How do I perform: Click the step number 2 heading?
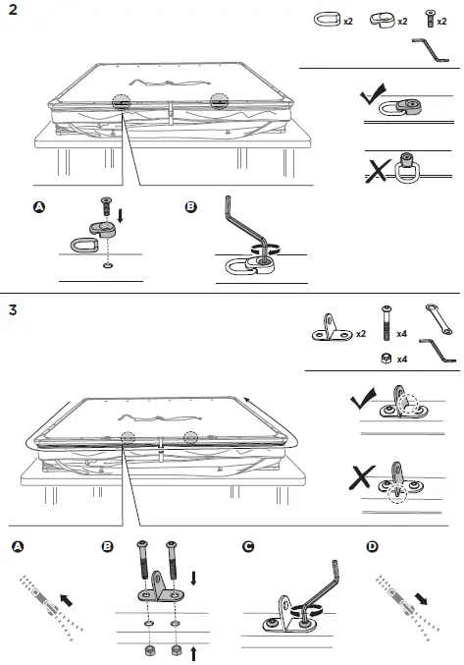coord(11,11)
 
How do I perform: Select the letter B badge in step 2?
coord(190,207)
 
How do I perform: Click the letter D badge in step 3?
coord(371,546)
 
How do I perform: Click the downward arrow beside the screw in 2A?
coord(121,214)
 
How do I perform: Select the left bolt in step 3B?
coord(146,568)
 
